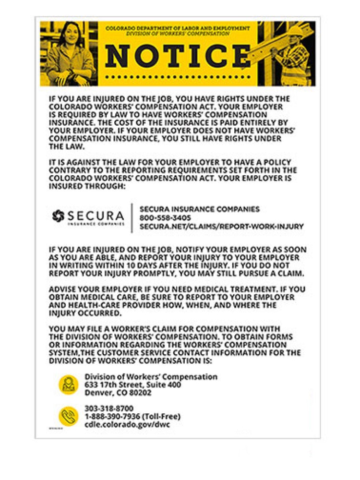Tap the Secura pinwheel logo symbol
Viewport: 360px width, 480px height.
point(58,216)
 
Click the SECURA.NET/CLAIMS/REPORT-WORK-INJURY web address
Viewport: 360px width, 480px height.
point(221,227)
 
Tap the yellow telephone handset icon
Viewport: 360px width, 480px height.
point(68,416)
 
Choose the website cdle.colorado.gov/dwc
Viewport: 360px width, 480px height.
point(127,425)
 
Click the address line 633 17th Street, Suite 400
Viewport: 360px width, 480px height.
point(132,384)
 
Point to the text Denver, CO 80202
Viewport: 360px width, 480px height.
point(118,393)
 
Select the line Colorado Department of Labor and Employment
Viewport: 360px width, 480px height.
point(178,29)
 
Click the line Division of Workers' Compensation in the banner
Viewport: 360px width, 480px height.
point(178,34)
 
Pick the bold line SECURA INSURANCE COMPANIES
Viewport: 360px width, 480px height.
point(199,209)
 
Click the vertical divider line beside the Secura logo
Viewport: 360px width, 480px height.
point(132,218)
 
